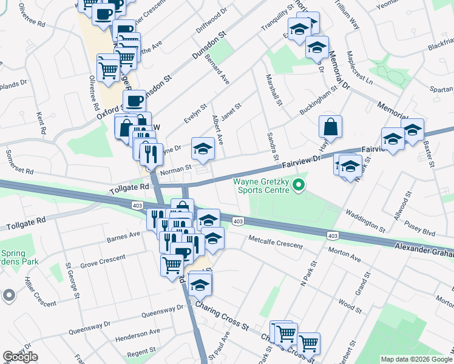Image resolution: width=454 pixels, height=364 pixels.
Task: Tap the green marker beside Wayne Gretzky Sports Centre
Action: point(298,185)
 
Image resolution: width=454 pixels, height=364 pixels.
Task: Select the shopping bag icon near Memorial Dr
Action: point(331,127)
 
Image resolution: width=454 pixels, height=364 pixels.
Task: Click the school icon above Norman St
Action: point(203,149)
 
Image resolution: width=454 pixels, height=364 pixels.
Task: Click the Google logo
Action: point(20,357)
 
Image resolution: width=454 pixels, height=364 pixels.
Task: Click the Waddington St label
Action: point(365,221)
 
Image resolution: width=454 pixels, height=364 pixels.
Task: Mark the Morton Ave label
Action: point(344,254)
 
